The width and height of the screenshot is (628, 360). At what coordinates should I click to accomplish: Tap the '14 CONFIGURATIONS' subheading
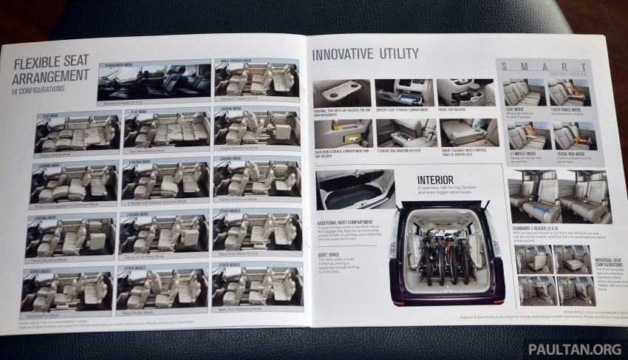(x=39, y=89)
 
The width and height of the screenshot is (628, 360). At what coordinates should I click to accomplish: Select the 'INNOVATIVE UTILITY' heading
(x=365, y=53)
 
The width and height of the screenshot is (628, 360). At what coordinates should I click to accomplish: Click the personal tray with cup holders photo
(x=342, y=94)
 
